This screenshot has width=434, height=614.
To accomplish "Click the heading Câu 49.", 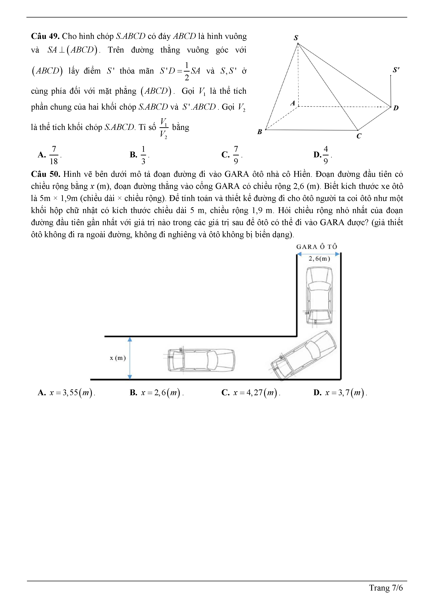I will click(45, 36).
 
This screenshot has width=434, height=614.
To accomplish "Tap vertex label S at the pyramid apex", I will click(296, 38).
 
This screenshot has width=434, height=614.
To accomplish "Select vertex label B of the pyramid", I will click(259, 132).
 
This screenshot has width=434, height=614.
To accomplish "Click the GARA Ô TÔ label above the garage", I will click(317, 247).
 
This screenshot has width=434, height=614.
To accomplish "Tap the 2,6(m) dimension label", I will click(319, 259).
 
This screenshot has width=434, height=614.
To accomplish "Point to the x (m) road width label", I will click(118, 358).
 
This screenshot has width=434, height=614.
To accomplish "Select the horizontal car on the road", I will click(201, 360).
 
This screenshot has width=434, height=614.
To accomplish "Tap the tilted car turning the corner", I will click(304, 355).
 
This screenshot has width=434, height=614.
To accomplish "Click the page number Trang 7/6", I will click(386, 588).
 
